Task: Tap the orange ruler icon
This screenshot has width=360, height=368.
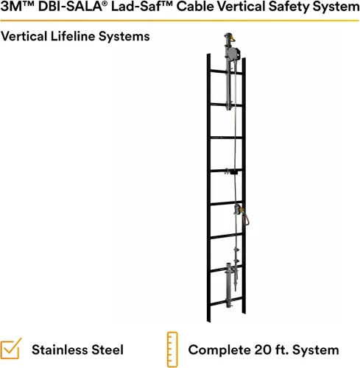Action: point(172,350)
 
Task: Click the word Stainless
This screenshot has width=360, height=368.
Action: point(60,350)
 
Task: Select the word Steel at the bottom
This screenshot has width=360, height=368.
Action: point(107,350)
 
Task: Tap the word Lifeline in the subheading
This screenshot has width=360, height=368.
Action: point(72,37)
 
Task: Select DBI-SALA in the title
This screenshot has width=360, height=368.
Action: point(70,7)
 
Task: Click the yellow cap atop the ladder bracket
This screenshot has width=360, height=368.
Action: point(232,38)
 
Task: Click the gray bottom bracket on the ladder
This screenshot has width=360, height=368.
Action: point(229,285)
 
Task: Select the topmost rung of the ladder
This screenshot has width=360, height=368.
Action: point(226,72)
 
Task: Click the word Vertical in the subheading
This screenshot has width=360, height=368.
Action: point(24,37)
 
